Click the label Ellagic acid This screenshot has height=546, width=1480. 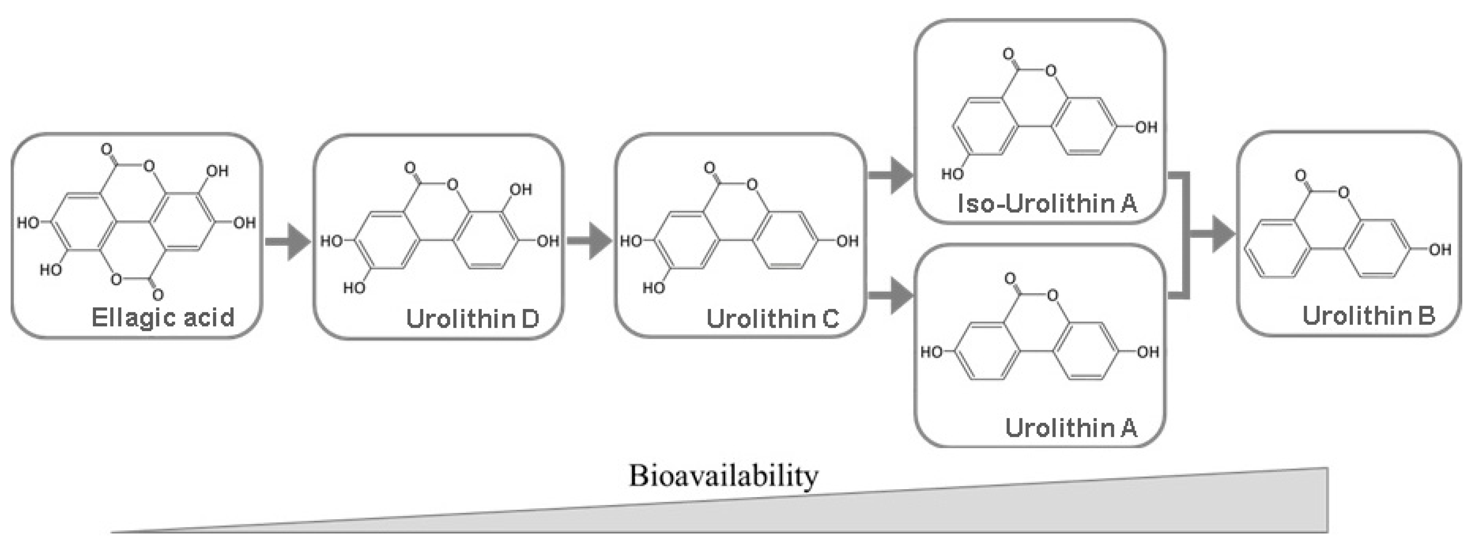163,317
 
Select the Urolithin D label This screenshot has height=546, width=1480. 472,318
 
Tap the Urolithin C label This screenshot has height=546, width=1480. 772,318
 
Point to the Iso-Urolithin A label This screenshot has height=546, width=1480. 1047,203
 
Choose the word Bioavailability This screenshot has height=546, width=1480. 723,476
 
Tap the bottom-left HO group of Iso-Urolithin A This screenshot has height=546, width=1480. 952,174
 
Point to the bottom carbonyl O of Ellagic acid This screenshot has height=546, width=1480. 158,295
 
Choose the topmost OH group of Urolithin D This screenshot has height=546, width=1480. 520,189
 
